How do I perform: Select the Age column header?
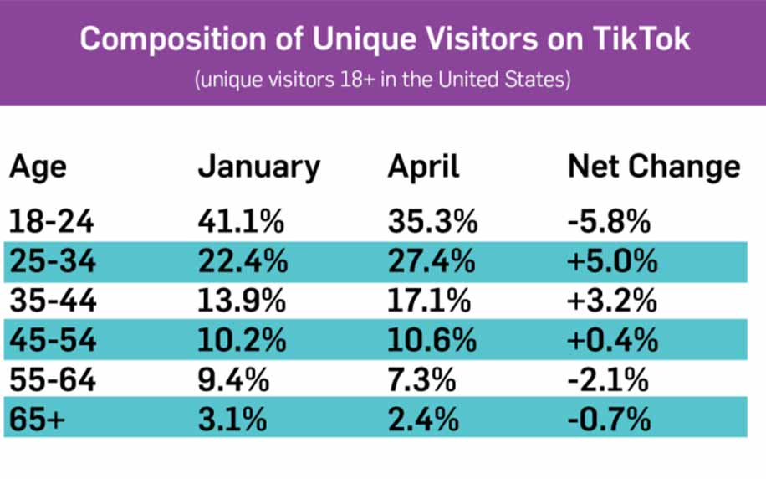(x=38, y=167)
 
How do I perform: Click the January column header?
(x=258, y=167)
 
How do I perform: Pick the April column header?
(x=423, y=167)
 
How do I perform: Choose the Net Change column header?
(x=653, y=167)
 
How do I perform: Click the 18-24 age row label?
(x=52, y=222)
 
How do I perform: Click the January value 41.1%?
(x=241, y=222)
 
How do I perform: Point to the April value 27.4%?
(x=432, y=262)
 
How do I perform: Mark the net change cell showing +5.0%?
(x=612, y=262)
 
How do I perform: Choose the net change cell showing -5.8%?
(x=609, y=222)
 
